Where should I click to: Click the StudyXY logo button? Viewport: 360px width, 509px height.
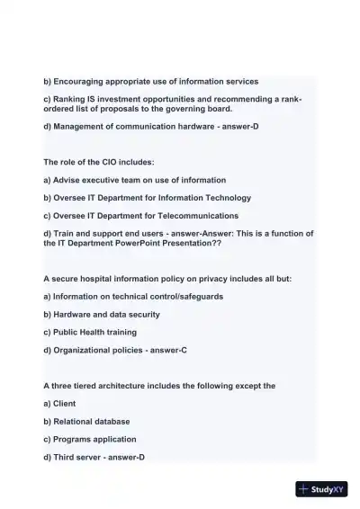point(321,489)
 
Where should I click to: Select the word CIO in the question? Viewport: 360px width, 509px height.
point(105,162)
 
